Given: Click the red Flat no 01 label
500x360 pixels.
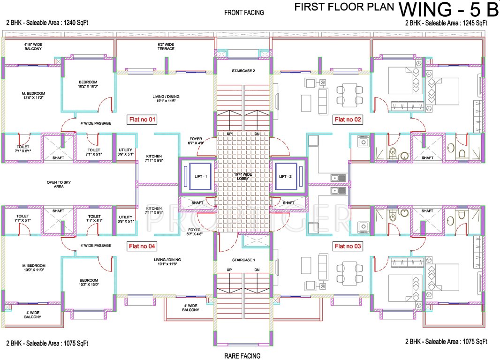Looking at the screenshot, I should pyautogui.click(x=142, y=120).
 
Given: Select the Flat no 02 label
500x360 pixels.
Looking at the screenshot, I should pyautogui.click(x=348, y=120).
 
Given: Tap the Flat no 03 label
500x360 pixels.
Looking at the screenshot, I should pyautogui.click(x=348, y=246).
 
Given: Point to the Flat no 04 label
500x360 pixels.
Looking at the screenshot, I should pyautogui.click(x=142, y=246).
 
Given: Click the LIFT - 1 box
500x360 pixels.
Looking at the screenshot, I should pyautogui.click(x=197, y=176).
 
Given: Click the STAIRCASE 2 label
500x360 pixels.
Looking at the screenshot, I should pyautogui.click(x=243, y=71).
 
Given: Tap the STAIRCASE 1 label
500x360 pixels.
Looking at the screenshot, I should pyautogui.click(x=243, y=259).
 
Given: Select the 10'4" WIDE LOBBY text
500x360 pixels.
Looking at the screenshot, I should pyautogui.click(x=243, y=177).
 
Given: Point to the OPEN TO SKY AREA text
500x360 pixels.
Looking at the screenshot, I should pyautogui.click(x=58, y=184).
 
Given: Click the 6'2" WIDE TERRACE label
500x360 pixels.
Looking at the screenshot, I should pyautogui.click(x=166, y=46).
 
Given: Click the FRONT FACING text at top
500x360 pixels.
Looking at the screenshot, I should pyautogui.click(x=244, y=13).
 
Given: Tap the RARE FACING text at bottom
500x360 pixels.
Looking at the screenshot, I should pyautogui.click(x=242, y=356).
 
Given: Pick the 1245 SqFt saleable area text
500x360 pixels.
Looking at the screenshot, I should pyautogui.click(x=446, y=22).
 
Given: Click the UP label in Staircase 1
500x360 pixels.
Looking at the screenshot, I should pyautogui.click(x=229, y=270).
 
